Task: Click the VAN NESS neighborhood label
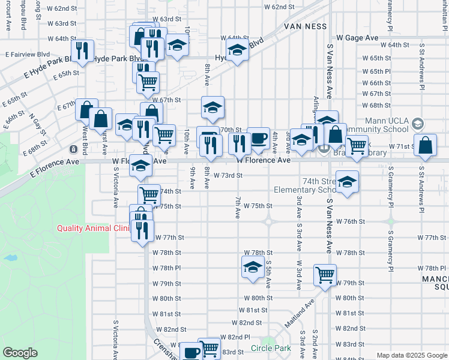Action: [306, 26]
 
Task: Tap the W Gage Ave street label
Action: [357, 37]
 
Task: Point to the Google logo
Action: [20, 353]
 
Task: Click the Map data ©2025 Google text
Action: [412, 355]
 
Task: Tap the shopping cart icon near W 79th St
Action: [325, 275]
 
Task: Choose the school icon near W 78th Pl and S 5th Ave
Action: [253, 266]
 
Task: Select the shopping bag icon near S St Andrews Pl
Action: [425, 146]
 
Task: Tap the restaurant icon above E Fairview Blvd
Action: [82, 50]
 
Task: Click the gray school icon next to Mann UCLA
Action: [418, 124]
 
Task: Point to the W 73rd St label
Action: [228, 176]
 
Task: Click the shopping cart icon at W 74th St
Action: [148, 194]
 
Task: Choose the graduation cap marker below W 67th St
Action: [212, 107]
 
